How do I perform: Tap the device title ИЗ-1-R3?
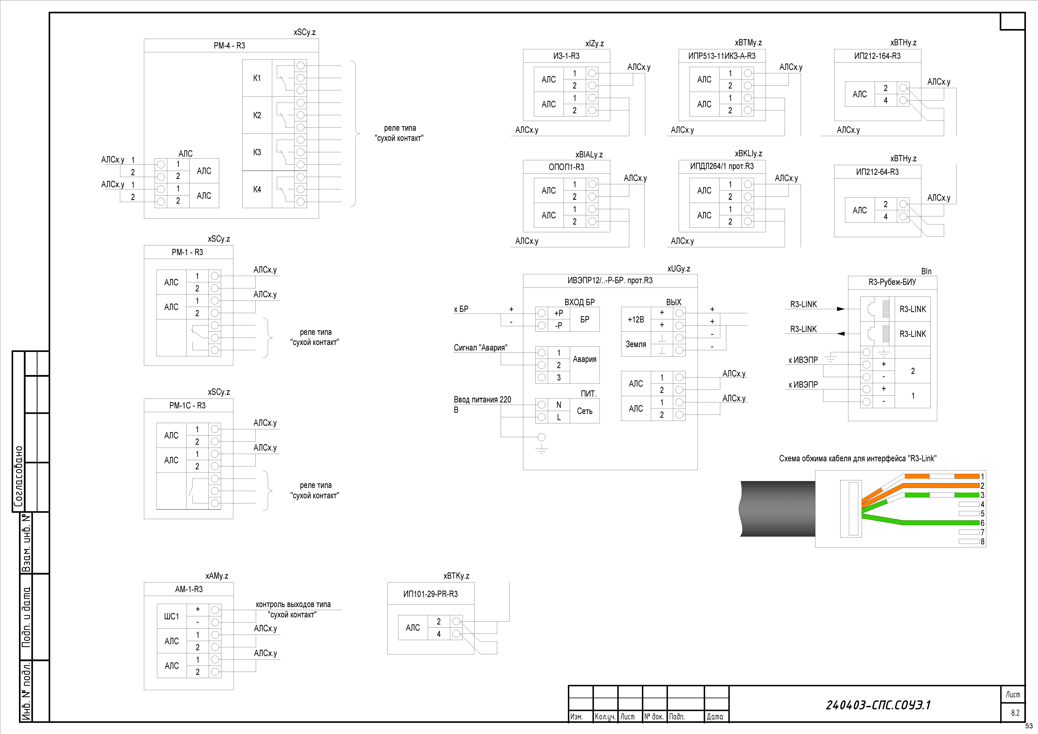pos(566,56)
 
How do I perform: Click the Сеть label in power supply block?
pos(584,411)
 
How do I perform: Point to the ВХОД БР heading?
pos(580,302)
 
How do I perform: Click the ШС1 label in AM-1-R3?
pos(171,616)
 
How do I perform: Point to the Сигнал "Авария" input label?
pos(481,348)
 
